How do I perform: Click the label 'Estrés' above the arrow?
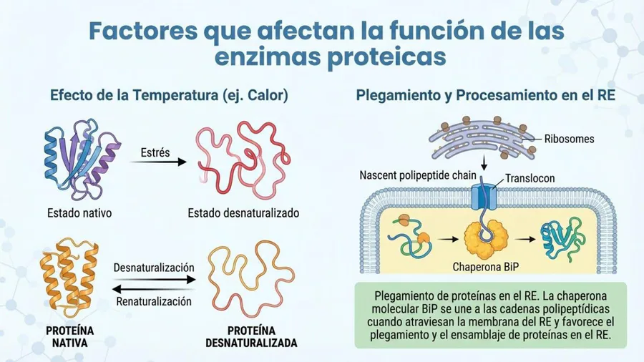point(155,152)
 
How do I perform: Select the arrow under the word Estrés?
point(158,162)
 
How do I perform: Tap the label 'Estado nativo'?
point(79,213)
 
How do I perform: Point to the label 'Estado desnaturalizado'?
point(243,213)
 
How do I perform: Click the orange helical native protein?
point(69,278)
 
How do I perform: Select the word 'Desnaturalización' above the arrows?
point(154,268)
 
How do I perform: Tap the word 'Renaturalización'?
point(154,302)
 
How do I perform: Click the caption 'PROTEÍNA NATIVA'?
point(70,336)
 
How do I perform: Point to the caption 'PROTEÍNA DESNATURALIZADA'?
point(251,336)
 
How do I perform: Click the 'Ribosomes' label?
point(569,139)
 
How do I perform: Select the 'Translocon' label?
point(530,179)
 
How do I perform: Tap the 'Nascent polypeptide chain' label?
point(418,176)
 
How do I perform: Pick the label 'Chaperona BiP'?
point(485,267)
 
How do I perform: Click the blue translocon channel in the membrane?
point(484,197)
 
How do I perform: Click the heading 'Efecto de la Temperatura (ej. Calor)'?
point(169,95)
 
